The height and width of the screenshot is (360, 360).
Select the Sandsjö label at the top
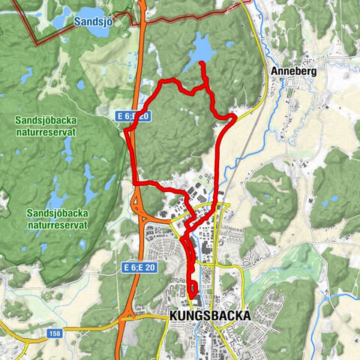pyautogui.click(x=93, y=22)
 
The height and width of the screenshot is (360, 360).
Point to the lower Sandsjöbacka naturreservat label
pyautogui.click(x=57, y=218)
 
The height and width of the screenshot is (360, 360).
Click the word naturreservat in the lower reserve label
pyautogui.click(x=57, y=223)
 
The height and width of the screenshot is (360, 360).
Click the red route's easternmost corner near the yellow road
pyautogui.click(x=234, y=117)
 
